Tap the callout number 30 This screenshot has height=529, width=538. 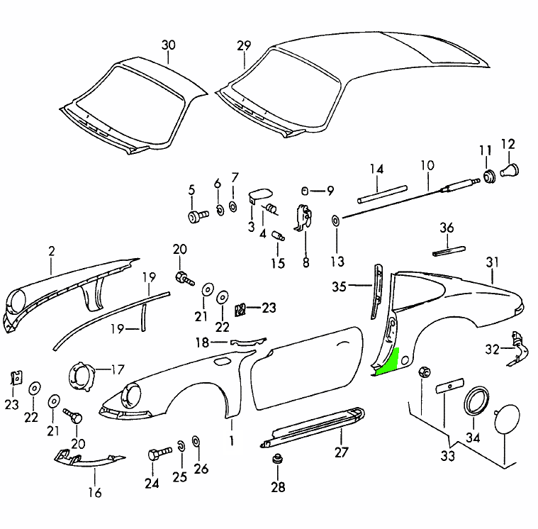(x=168, y=45)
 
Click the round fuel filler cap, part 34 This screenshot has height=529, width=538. (x=476, y=401)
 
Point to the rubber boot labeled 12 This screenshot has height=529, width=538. (x=510, y=170)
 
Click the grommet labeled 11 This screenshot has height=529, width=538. (x=488, y=174)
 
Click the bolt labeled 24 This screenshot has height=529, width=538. (x=157, y=453)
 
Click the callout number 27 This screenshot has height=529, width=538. (x=342, y=452)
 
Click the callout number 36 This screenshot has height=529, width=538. (x=447, y=228)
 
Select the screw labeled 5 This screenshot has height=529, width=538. (x=196, y=215)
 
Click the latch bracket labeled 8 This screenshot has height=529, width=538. (x=305, y=216)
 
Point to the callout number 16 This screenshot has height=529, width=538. (x=95, y=492)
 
